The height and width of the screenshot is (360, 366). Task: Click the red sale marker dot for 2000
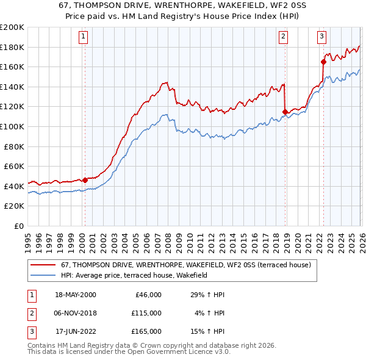[85, 180]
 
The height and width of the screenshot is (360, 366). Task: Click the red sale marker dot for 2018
[285, 112]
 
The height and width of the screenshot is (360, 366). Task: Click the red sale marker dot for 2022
[323, 61]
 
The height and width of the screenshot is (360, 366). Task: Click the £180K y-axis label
[12, 47]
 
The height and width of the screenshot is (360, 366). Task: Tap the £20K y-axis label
[15, 206]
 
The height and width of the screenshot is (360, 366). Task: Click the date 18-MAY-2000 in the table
[76, 294]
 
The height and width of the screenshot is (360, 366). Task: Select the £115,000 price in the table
[146, 313]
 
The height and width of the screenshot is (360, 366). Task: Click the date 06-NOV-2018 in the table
[76, 313]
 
